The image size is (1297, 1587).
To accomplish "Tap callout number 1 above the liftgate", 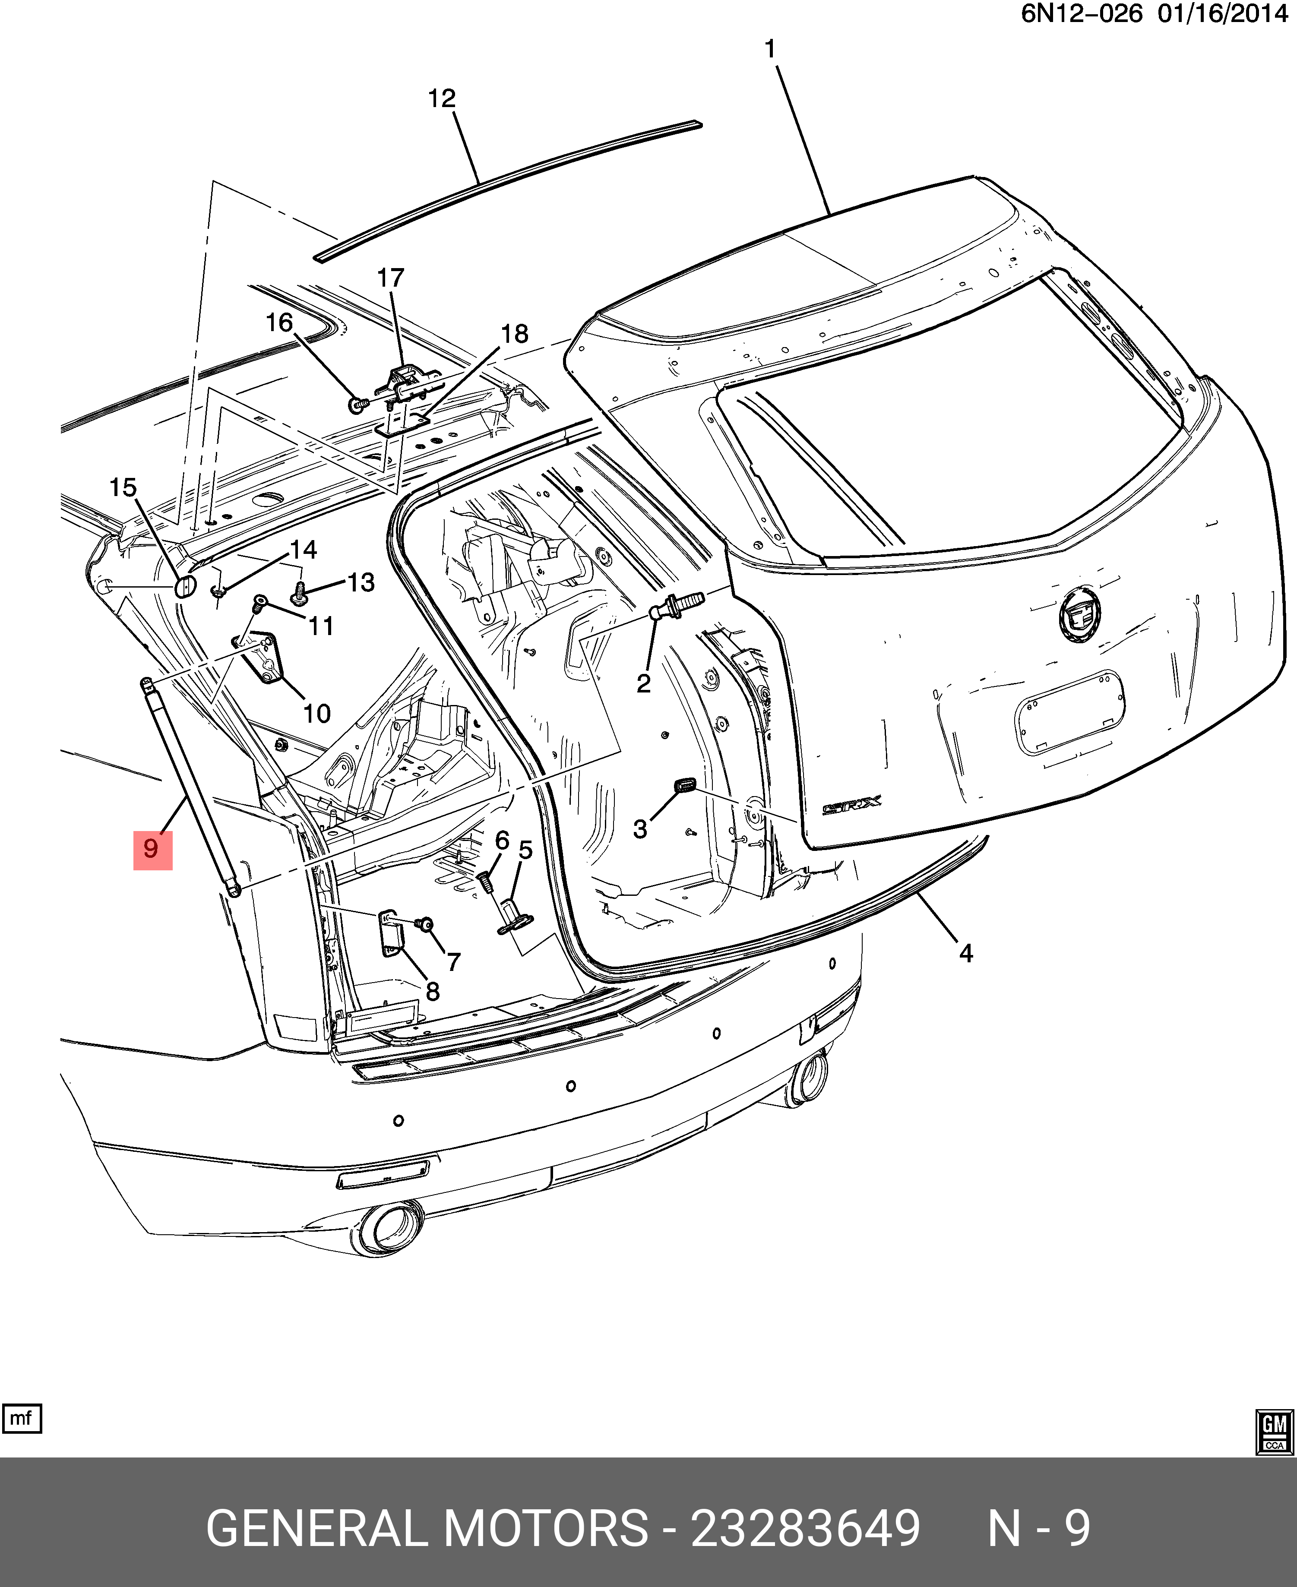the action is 770,50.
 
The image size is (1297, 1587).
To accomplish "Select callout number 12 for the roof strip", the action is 442,98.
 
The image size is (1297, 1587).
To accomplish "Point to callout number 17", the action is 390,278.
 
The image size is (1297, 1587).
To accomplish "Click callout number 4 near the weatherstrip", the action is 965,953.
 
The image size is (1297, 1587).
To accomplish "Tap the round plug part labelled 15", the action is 184,587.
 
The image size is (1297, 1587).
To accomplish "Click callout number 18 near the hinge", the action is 515,334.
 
